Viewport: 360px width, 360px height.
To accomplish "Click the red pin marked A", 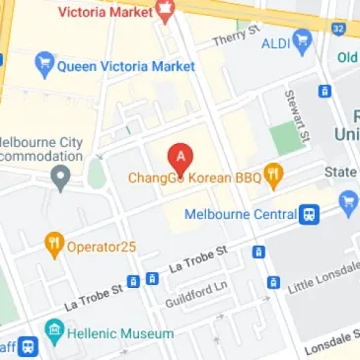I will tap(180, 156).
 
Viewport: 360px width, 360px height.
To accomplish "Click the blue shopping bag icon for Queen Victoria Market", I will tap(42, 67).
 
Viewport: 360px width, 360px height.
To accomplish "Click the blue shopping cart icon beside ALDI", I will tap(302, 42).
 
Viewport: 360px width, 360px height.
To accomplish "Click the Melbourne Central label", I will tap(240, 213).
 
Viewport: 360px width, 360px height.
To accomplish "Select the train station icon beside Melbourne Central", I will tap(310, 213).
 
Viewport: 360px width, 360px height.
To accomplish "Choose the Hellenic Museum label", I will tap(111, 333).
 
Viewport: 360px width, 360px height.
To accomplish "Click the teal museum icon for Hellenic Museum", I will tap(53, 333).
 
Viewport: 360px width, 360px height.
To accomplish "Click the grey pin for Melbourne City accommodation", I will tap(61, 179).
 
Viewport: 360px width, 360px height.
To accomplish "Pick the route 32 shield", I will tap(339, 28).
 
